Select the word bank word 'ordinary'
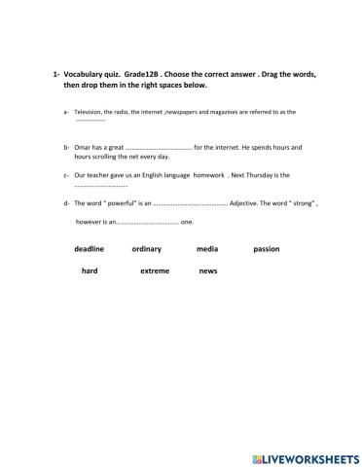(x=147, y=249)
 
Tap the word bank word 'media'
(x=206, y=249)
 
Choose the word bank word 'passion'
(x=266, y=249)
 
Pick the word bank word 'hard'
(x=90, y=270)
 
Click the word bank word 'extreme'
(x=154, y=270)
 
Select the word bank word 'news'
(x=207, y=270)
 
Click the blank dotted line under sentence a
(x=90, y=121)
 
